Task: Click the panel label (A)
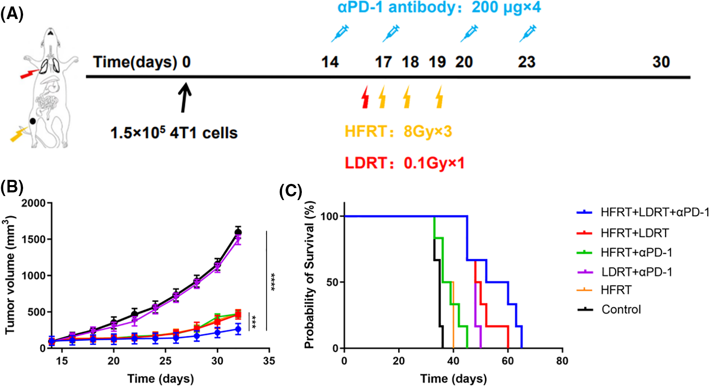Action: (x=12, y=14)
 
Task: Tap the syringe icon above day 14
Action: (x=340, y=33)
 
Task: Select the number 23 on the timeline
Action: (x=526, y=62)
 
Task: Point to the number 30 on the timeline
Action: (x=661, y=62)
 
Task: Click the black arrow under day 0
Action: (x=185, y=97)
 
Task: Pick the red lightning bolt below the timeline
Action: (x=365, y=97)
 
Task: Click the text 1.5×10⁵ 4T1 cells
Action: (x=174, y=133)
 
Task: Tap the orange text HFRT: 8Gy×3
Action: (x=398, y=132)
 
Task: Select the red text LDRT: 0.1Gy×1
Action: (x=404, y=163)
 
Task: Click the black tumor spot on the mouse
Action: (x=33, y=121)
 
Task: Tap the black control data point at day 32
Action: (x=238, y=232)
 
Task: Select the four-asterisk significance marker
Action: (x=273, y=282)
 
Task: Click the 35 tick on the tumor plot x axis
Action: (x=269, y=361)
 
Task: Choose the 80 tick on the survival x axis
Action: (x=562, y=361)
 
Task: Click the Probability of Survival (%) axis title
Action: (x=310, y=275)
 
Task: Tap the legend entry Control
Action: (x=621, y=309)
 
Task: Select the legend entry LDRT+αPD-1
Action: (x=636, y=272)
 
